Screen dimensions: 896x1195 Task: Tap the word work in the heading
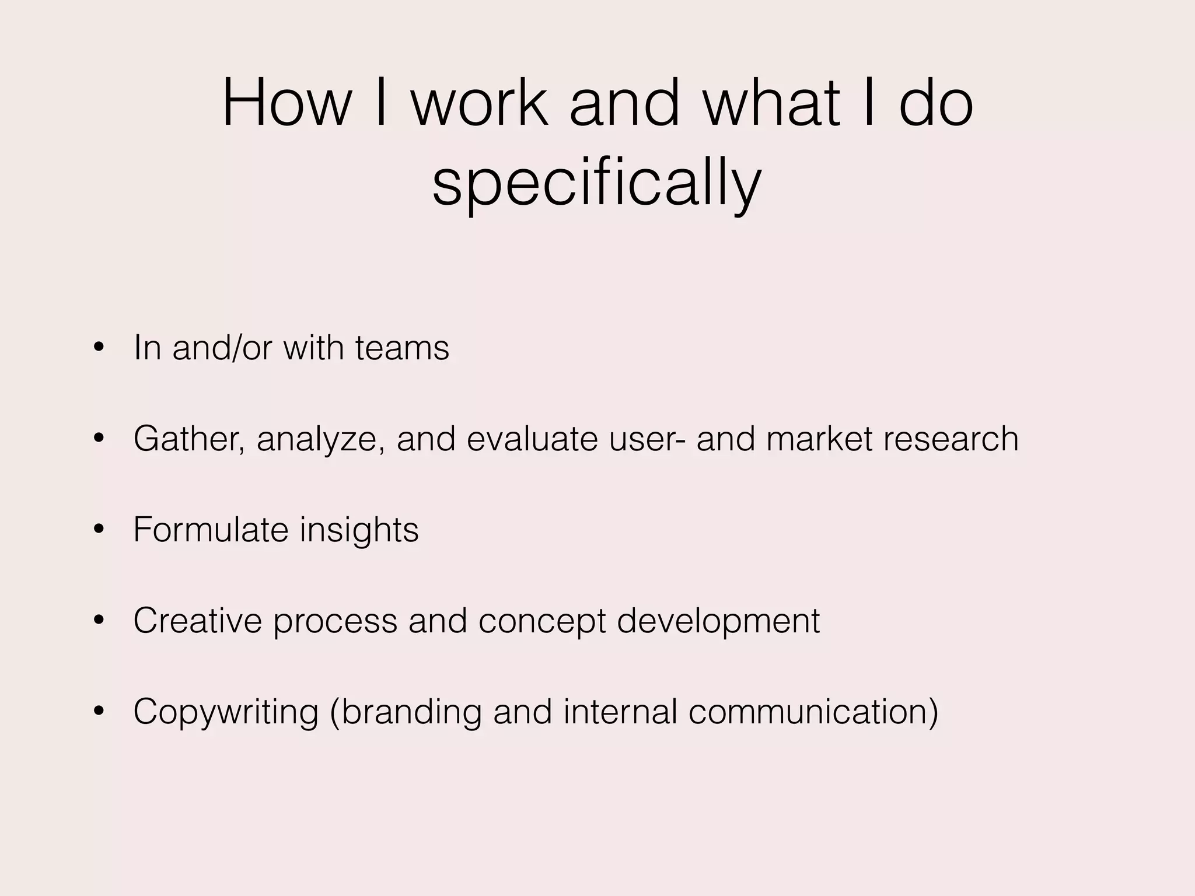480,103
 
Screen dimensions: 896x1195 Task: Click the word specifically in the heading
596,182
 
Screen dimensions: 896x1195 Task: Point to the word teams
402,348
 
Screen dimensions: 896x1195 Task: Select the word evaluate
532,439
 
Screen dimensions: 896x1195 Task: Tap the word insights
359,530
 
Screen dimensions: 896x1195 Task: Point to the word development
718,621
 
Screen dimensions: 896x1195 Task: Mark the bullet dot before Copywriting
99,712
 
